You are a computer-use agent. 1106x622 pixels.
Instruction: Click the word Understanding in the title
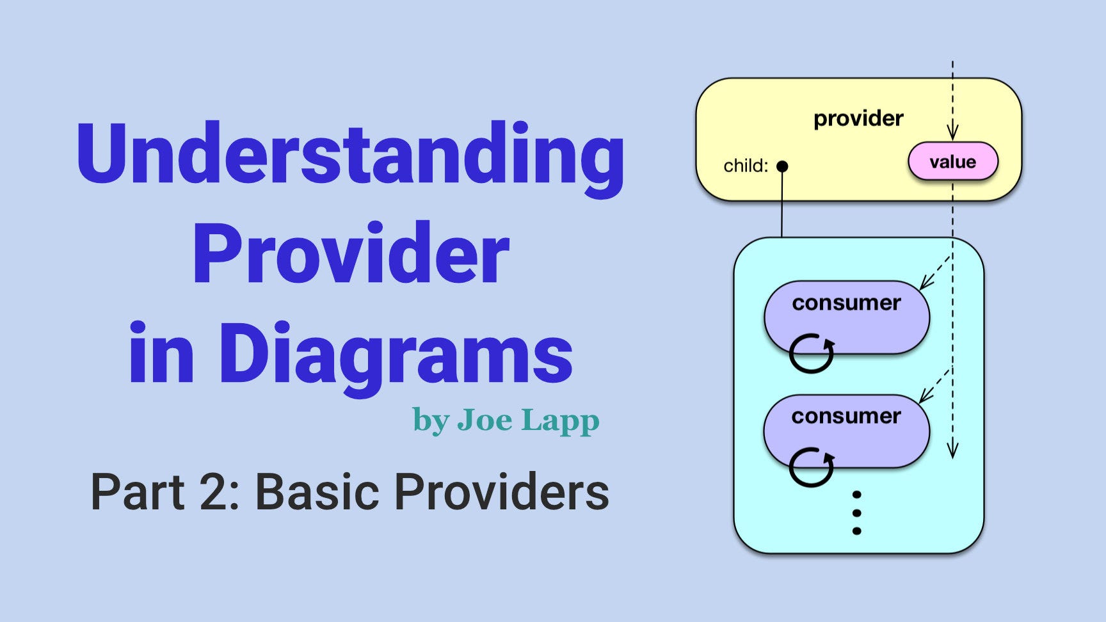point(350,154)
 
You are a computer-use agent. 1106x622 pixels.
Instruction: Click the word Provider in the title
point(350,254)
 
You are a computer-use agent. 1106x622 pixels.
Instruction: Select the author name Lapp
point(560,420)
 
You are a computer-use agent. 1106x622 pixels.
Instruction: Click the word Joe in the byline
point(485,420)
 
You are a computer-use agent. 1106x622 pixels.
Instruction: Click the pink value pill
point(952,161)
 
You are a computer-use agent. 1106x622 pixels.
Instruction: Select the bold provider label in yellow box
point(858,118)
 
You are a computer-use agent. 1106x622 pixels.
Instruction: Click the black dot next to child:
point(781,166)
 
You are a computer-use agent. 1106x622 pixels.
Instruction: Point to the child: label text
point(745,166)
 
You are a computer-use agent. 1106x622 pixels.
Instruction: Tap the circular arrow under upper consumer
point(811,353)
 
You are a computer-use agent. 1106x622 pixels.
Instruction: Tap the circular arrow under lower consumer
point(811,466)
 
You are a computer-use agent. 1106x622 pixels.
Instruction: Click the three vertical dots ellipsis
point(856,513)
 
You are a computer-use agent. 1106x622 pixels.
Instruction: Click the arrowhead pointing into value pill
point(952,133)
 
